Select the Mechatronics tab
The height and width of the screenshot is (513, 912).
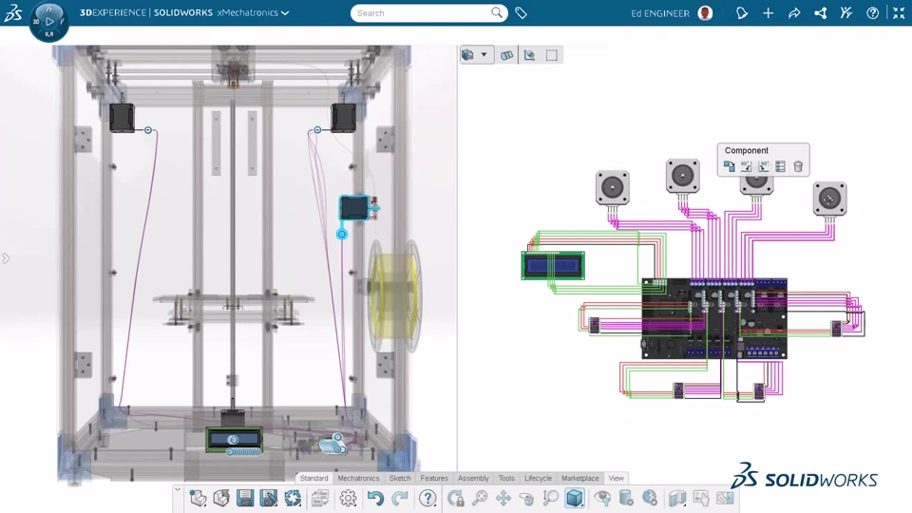358,478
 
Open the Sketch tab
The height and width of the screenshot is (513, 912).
400,478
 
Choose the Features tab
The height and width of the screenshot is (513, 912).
434,478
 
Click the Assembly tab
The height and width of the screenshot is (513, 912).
473,478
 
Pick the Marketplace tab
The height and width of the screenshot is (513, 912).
579,478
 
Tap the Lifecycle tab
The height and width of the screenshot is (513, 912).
538,478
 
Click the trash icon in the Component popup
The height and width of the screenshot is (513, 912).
798,167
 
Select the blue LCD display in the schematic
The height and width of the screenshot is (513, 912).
553,266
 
